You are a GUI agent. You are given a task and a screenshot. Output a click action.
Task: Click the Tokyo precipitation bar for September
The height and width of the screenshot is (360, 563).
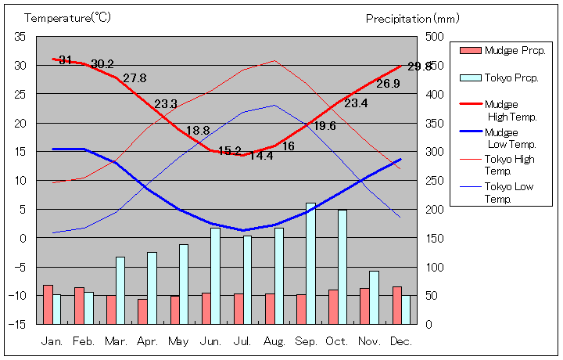tap(310, 263)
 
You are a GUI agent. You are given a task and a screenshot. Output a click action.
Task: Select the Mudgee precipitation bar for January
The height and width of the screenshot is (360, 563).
tap(48, 304)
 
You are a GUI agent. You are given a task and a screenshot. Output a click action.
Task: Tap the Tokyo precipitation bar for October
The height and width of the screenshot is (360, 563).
tap(342, 266)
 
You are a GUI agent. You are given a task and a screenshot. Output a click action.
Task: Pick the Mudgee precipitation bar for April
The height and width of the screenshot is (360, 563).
tap(142, 311)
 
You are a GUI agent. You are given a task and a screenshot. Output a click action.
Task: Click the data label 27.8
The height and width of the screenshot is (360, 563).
tap(134, 78)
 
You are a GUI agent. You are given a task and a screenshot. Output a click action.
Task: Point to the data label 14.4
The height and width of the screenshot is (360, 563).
tap(261, 156)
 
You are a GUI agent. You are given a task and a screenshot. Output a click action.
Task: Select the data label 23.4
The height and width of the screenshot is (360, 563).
tap(356, 103)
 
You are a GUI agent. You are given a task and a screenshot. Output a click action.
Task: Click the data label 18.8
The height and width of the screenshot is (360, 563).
tap(198, 131)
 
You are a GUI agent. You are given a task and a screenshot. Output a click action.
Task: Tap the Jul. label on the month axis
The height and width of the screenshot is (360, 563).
tap(242, 341)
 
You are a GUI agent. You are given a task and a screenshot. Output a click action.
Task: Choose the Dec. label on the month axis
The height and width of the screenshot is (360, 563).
tap(401, 341)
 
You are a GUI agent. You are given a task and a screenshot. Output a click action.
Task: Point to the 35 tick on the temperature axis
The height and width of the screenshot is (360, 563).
tap(20, 37)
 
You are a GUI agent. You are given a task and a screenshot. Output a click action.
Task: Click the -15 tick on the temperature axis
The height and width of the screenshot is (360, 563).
tap(19, 324)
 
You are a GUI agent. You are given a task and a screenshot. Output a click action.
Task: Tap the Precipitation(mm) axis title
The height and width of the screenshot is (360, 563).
tap(413, 18)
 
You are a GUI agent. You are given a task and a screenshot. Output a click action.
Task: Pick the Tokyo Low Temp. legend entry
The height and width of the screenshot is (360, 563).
tap(510, 193)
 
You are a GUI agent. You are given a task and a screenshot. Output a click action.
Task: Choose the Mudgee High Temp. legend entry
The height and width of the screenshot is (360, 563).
tap(510, 110)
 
